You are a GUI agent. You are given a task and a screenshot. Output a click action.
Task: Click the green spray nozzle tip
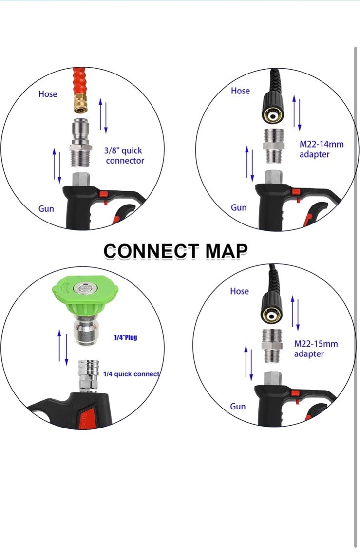(x=85, y=295)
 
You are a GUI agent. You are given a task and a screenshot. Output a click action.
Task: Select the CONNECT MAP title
(x=175, y=251)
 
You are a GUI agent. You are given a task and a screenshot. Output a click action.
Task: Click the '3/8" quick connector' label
(x=124, y=155)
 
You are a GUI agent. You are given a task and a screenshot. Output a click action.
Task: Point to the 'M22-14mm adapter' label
(x=322, y=149)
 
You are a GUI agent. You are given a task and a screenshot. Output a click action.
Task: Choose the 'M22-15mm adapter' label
(x=316, y=349)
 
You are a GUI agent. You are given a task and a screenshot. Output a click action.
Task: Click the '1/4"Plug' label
(x=125, y=337)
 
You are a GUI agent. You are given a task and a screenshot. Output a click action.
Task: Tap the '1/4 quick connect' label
(x=131, y=374)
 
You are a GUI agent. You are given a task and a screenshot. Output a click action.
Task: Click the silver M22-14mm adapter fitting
(x=273, y=146)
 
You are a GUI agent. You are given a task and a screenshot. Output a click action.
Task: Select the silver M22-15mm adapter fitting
(x=272, y=346)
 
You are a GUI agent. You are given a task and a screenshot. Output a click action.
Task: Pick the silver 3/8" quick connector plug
(x=81, y=143)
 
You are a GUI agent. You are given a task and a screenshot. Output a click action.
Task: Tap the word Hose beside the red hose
(x=48, y=94)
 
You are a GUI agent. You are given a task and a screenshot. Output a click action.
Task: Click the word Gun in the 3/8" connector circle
(x=46, y=208)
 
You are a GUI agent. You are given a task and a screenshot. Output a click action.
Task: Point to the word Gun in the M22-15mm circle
(x=238, y=406)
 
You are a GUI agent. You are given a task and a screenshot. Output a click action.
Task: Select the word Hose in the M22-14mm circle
(x=240, y=91)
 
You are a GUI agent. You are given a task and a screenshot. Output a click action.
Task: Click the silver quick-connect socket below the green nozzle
(x=89, y=376)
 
